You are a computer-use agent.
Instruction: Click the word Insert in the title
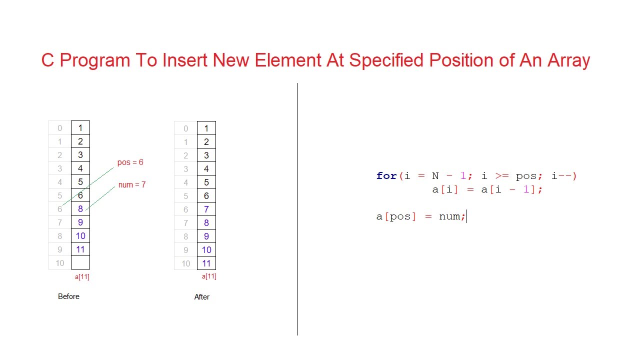tap(185, 60)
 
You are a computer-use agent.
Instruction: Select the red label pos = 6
tap(130, 162)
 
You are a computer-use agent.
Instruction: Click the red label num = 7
tap(132, 185)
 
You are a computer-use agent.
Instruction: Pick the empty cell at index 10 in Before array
tap(80, 262)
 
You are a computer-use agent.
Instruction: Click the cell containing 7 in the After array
tap(206, 209)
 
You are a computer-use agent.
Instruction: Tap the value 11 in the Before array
tap(80, 249)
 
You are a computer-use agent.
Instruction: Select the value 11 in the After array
tap(206, 263)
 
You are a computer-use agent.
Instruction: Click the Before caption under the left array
tap(68, 296)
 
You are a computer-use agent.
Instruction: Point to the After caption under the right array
tap(201, 297)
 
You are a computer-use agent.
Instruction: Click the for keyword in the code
tap(386, 176)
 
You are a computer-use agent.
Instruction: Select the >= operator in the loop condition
tap(501, 176)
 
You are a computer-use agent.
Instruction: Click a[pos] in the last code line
tap(396, 216)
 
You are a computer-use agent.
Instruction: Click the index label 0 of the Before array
tap(60, 128)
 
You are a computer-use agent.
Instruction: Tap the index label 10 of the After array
tap(185, 263)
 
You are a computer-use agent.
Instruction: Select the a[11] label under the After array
tap(209, 276)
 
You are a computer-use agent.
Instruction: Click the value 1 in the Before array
tap(80, 128)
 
